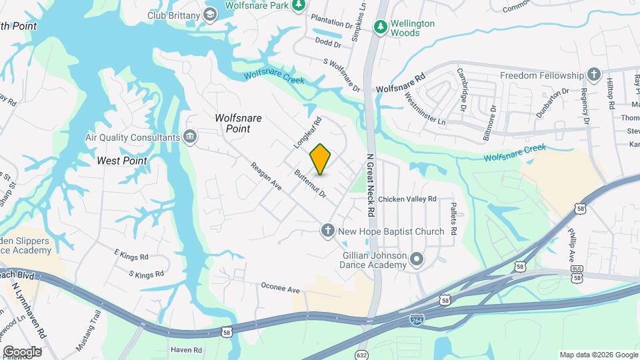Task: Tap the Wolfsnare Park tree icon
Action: [299, 5]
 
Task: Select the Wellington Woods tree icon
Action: [381, 27]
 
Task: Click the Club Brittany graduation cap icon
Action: [210, 14]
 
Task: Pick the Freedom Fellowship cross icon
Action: [594, 75]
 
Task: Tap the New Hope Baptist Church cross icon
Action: [327, 231]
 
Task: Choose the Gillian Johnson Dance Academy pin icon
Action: [417, 259]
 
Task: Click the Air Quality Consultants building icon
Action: [191, 137]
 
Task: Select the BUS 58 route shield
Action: [577, 273]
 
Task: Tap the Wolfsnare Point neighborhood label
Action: [238, 123]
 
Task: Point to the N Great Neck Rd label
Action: [371, 185]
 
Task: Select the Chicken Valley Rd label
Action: [407, 199]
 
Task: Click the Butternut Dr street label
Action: [311, 185]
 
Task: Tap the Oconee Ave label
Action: [281, 289]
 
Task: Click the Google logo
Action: [22, 351]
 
